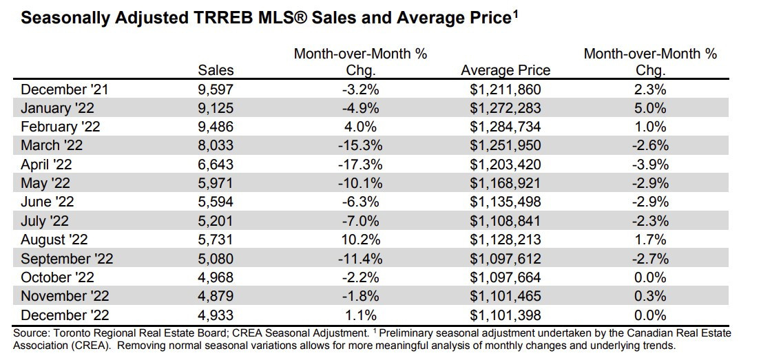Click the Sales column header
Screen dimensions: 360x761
(216, 70)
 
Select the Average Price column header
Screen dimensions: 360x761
(505, 70)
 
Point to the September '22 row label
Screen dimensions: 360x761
(67, 259)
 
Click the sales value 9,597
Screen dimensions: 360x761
(216, 89)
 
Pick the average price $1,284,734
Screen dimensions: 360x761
(505, 127)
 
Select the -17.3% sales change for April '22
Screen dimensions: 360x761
(360, 165)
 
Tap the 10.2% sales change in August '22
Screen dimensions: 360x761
(360, 240)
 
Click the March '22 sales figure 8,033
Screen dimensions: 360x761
(216, 145)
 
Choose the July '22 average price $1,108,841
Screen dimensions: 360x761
(505, 221)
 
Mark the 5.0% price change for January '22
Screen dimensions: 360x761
(650, 108)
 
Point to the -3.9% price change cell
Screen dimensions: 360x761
(650, 165)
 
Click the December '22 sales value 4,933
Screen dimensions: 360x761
(216, 315)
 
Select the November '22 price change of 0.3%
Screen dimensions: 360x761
(650, 296)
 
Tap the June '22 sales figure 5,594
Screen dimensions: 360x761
(216, 202)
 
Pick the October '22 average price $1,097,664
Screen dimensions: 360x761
(505, 277)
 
